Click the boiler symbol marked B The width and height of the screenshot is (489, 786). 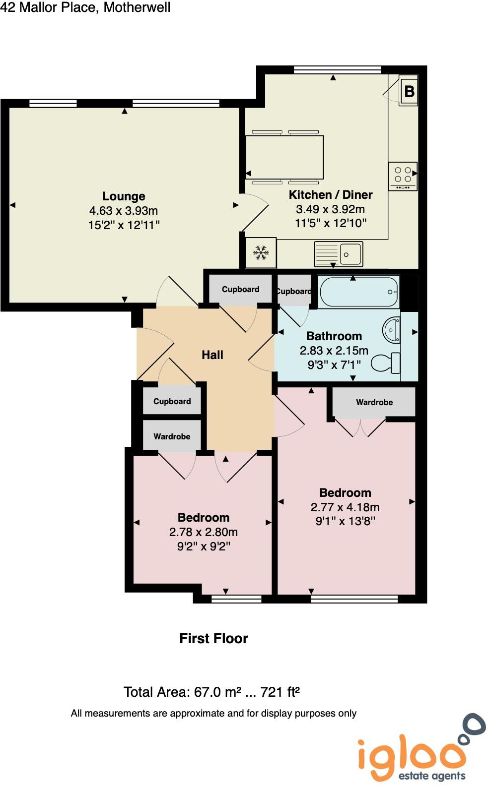tap(409, 91)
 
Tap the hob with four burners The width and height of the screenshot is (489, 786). tap(403, 176)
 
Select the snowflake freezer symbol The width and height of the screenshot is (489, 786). tap(261, 253)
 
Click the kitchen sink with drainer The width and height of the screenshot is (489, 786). tap(339, 253)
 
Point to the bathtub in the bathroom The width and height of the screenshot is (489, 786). tap(359, 292)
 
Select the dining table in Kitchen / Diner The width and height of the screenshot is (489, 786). tap(285, 157)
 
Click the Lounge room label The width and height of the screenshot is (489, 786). tap(124, 196)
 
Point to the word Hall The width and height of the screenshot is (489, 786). tap(212, 355)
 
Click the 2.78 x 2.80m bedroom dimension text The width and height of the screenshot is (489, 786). tap(204, 532)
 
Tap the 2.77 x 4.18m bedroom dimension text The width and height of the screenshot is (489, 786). tap(345, 507)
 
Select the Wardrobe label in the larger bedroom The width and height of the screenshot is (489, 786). tap(374, 402)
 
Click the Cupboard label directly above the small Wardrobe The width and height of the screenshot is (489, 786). tap(172, 401)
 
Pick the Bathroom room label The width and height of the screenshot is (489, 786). tap(334, 336)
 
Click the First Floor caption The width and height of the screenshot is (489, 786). tap(213, 638)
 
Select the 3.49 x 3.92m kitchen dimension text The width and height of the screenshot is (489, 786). tap(330, 209)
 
